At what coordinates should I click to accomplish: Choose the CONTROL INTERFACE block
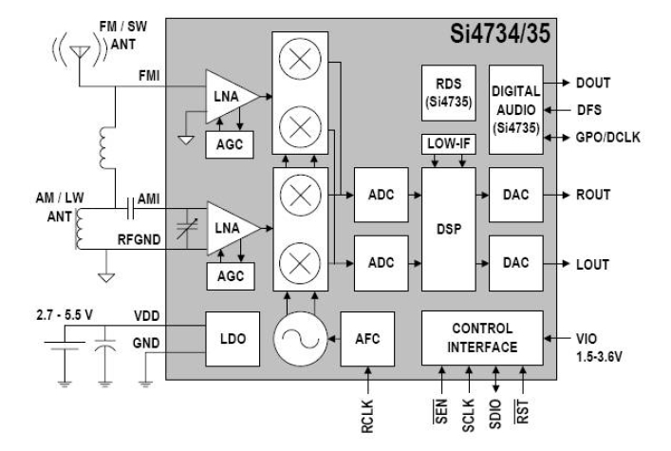(x=483, y=337)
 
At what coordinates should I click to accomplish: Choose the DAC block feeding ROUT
(x=514, y=195)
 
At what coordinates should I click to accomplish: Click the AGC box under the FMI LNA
(x=224, y=142)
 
